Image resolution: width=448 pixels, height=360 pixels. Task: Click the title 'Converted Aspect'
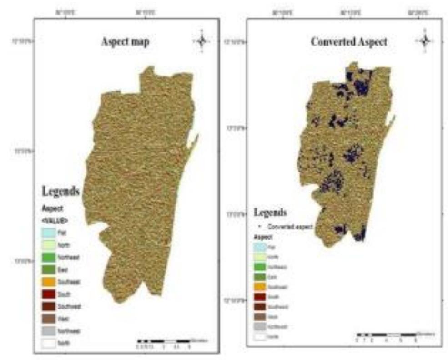[349, 42]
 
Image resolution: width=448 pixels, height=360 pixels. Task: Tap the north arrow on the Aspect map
[201, 41]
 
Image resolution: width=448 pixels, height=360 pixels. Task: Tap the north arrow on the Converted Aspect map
[424, 41]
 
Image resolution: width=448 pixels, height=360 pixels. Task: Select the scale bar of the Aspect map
[164, 341]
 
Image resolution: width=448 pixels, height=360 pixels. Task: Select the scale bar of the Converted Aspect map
[386, 335]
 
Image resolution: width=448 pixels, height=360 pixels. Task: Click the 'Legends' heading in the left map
[61, 190]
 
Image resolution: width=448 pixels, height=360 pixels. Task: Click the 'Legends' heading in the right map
[270, 212]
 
